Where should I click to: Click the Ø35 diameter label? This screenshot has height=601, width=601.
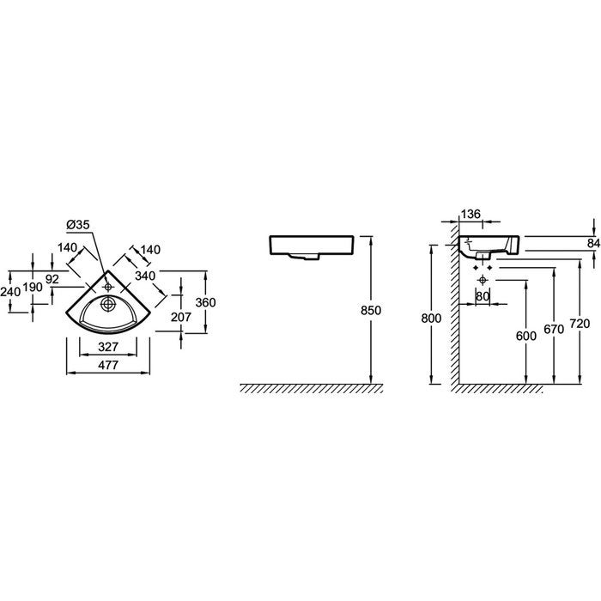coord(78,225)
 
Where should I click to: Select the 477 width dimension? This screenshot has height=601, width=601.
coord(108,365)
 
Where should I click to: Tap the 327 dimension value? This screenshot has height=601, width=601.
coord(108,347)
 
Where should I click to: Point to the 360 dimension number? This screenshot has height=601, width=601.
coord(206,302)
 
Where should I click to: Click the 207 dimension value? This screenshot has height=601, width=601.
coord(181,317)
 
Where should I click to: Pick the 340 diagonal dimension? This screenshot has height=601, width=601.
coord(145,276)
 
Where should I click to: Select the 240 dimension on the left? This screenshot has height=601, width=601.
coord(10,292)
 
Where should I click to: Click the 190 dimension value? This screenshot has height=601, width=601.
coord(33,287)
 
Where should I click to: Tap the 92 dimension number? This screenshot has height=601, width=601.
coord(52,279)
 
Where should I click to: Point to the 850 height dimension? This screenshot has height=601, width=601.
coord(371,310)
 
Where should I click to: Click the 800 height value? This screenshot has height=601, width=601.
coord(431,319)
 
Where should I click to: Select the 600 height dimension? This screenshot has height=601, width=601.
coord(526,336)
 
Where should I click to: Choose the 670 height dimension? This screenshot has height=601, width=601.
coord(554,329)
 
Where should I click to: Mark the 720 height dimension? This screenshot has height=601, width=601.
coord(580,324)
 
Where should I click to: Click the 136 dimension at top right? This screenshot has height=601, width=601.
coord(470,214)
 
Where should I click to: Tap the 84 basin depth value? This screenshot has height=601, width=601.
coord(593,243)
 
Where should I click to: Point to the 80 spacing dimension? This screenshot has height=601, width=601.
coord(483,296)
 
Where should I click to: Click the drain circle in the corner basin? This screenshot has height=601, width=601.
coord(107,304)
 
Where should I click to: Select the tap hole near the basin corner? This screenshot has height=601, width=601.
coord(107,286)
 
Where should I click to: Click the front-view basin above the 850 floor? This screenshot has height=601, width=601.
coord(312,247)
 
